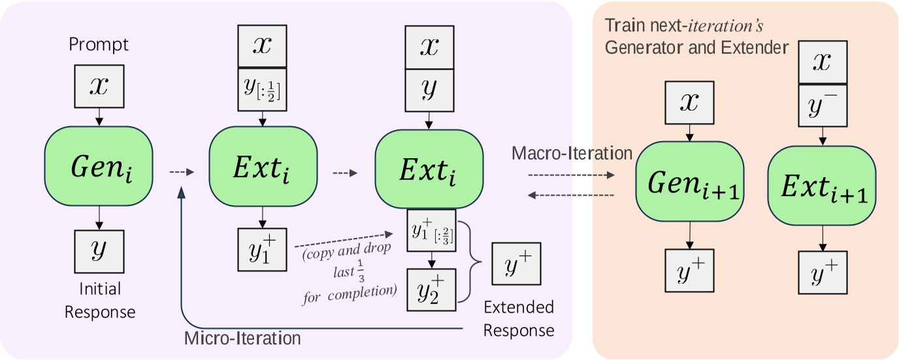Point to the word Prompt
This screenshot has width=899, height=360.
(99, 44)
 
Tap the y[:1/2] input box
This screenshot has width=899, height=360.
(263, 90)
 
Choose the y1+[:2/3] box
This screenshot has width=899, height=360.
(431, 231)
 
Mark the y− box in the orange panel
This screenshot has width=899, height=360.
(823, 105)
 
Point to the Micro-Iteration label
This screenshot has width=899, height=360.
(242, 338)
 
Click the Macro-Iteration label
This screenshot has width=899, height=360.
(572, 154)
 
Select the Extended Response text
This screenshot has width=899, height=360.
(519, 318)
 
